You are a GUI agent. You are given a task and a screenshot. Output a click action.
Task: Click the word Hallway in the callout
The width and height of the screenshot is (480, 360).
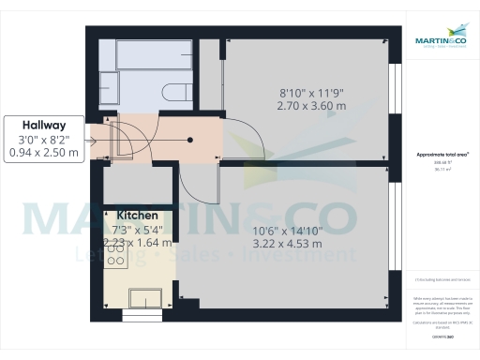tap(45, 124)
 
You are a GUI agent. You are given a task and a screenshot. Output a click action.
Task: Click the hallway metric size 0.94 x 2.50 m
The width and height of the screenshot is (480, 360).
tap(44, 153)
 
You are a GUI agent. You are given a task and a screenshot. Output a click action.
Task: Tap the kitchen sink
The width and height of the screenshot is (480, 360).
tap(144, 298)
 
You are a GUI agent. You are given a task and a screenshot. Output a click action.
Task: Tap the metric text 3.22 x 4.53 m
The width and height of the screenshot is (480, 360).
tap(288, 245)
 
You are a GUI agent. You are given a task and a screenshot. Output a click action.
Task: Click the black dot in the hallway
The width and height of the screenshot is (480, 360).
tap(190, 140)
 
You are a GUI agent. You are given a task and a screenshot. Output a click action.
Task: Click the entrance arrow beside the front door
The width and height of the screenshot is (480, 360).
tap(94, 142)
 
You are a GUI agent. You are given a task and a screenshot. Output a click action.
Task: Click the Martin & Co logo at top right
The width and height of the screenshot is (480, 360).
tap(440, 41)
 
